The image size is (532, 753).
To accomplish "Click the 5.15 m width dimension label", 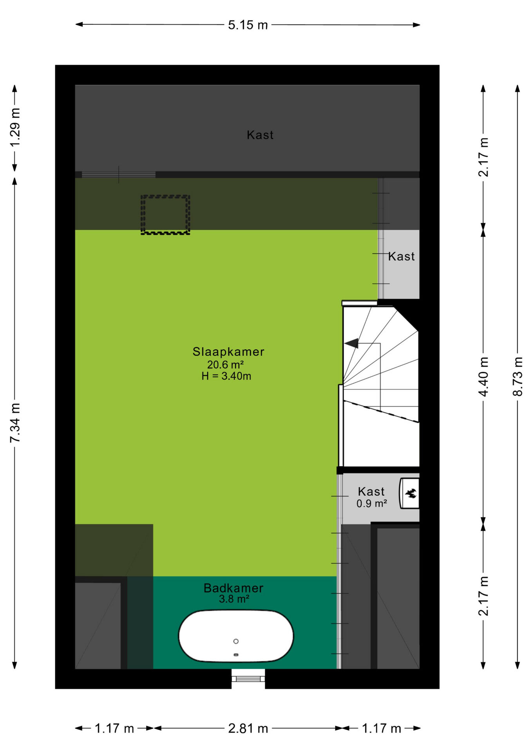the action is pos(248,25).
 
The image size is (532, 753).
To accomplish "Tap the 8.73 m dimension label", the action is pos(518,376).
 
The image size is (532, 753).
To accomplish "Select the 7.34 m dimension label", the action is pos(15,423).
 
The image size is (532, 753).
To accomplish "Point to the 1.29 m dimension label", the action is pos(15,127).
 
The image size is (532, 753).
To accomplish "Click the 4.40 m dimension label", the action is pos(483,376).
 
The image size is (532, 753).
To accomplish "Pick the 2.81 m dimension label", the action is pos(248,728).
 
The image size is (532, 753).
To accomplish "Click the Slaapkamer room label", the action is pos(228,351).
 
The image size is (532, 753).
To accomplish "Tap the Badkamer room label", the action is pos(233,588).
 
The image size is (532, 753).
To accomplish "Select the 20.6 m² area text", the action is pos(226,365).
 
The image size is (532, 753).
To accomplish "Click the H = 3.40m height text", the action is pos(226,376).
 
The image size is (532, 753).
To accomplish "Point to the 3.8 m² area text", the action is pos(234,599).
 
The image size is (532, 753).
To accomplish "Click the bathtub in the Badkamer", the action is pos(236,636).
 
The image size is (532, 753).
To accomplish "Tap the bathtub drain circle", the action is pos(236,641).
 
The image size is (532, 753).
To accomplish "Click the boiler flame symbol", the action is pos(411,493).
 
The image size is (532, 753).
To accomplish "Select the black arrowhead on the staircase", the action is pos(351,343).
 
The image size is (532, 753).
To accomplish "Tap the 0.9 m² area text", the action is pos(372,503).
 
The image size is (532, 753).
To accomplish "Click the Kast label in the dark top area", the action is pos(260,135).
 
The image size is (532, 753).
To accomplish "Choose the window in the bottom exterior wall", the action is pos(248,679).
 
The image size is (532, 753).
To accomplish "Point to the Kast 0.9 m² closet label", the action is pos(371,491).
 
